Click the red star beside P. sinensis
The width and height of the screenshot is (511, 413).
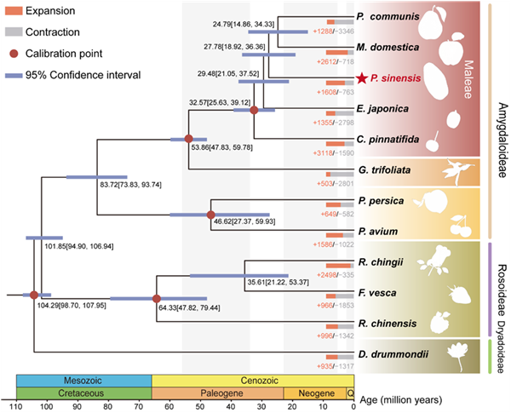point(363,79)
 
